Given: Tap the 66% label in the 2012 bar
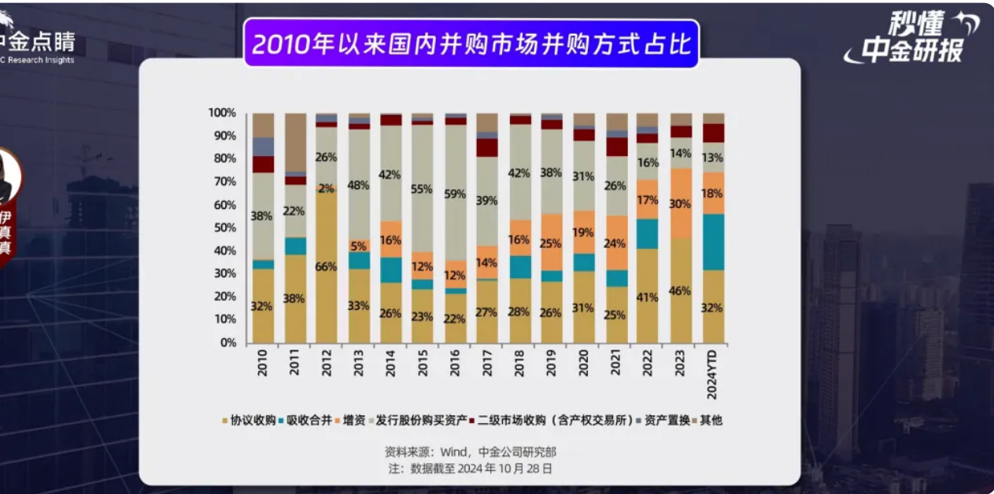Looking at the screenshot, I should (327, 267).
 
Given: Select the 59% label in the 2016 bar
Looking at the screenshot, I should (456, 194).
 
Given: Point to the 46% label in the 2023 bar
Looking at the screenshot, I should (681, 291).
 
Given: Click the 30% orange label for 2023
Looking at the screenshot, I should (681, 203).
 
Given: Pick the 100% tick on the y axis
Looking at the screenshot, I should (222, 113).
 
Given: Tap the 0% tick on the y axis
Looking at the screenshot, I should (227, 343).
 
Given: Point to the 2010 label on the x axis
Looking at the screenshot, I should (263, 365).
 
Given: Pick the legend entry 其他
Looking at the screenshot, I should (710, 420).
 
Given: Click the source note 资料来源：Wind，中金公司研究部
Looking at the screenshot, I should (470, 452).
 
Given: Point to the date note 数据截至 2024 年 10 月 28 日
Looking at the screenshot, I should (470, 468).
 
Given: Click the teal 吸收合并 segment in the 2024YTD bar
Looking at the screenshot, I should (713, 242).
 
